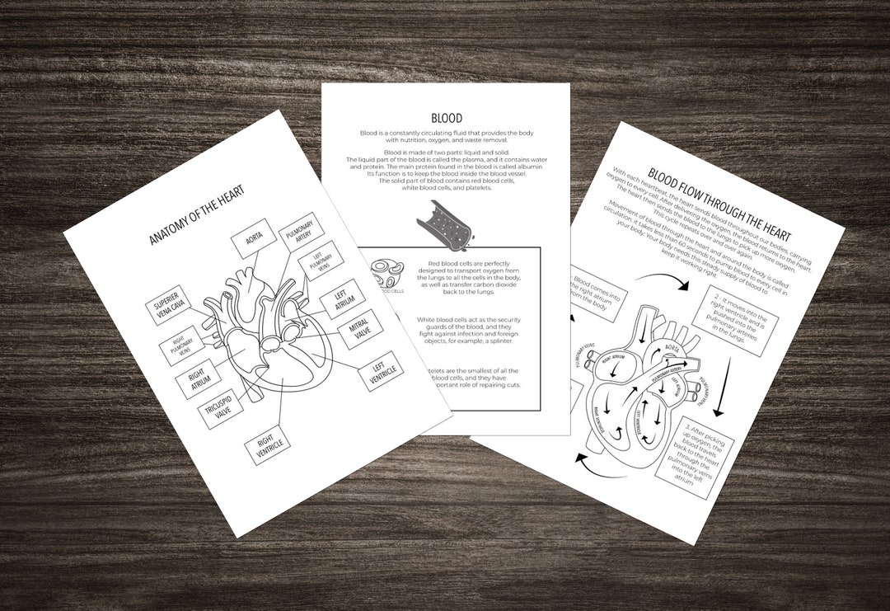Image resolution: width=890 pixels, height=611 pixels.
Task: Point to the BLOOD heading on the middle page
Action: (446, 119)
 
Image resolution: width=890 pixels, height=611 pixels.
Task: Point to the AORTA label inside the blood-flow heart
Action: (672, 350)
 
